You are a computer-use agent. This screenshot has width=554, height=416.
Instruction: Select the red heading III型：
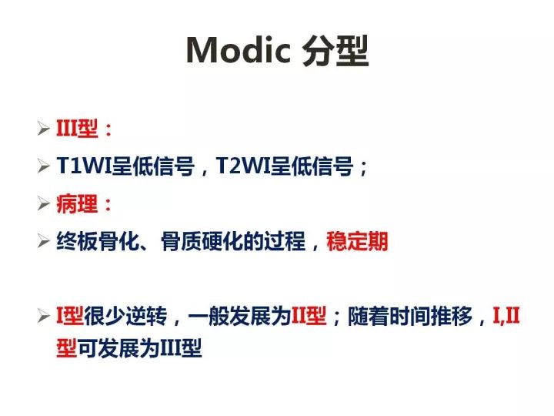[x=85, y=129]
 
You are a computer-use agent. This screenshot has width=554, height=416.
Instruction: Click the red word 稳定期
[x=357, y=242]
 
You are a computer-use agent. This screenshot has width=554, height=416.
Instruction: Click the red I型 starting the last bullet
[x=69, y=316]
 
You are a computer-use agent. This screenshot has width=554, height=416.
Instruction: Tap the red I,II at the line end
[x=507, y=316]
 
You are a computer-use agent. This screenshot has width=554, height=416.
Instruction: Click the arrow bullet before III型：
[x=44, y=129]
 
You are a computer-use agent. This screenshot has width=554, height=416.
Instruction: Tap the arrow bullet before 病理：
[x=44, y=204]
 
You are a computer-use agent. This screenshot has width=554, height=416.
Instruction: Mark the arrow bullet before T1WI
[x=44, y=166]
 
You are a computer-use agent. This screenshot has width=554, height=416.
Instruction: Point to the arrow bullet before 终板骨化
[x=44, y=242]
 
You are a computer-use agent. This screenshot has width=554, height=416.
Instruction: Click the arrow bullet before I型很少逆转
[x=44, y=316]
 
